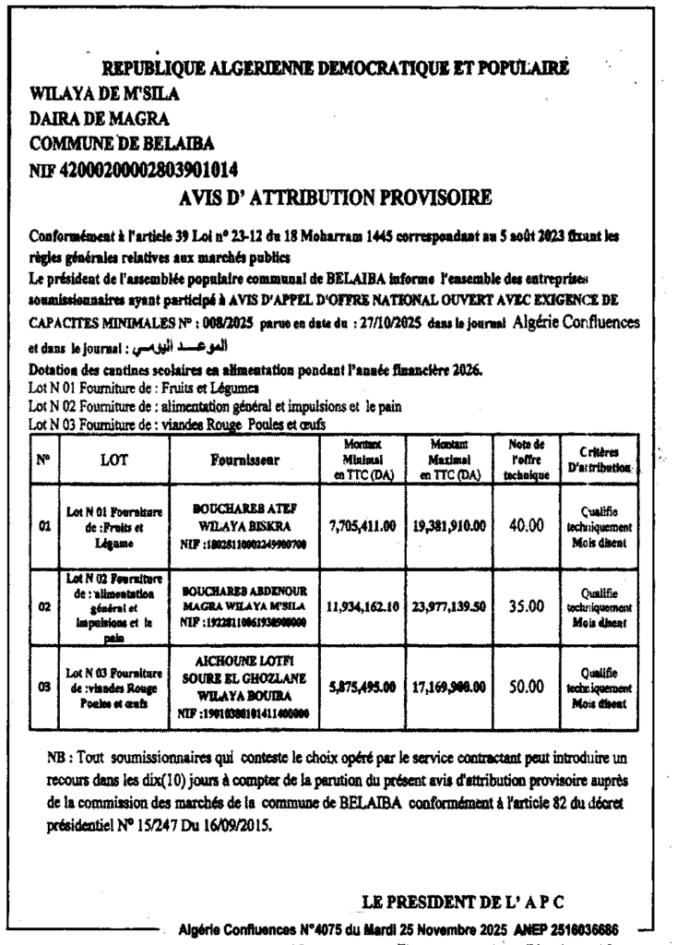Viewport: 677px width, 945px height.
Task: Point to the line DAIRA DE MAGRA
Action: click(x=100, y=118)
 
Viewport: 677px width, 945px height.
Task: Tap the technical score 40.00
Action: click(x=526, y=525)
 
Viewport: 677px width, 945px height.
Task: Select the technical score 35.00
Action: click(x=526, y=608)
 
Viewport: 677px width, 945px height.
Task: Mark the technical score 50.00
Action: click(x=526, y=687)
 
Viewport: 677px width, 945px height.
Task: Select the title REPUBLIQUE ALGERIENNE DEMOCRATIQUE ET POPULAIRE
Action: click(x=335, y=68)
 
